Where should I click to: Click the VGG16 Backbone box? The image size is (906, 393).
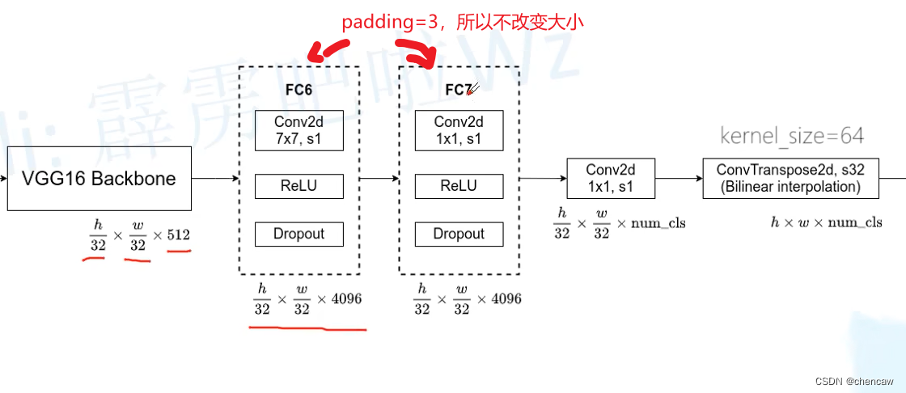click(x=99, y=179)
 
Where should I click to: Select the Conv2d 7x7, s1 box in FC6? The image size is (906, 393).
click(x=298, y=130)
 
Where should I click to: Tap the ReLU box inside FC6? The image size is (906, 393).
click(x=298, y=186)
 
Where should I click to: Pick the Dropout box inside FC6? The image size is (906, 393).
click(x=298, y=234)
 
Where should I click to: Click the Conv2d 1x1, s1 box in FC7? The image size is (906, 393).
click(x=459, y=130)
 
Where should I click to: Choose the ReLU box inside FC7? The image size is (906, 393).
click(x=459, y=186)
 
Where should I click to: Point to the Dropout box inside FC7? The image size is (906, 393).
click(x=459, y=234)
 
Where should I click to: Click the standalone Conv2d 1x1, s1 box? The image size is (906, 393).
click(x=610, y=179)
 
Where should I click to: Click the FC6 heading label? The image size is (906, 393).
click(x=298, y=90)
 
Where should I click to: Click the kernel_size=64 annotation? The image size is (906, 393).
click(x=792, y=136)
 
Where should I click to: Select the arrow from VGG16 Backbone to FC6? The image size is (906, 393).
click(x=215, y=179)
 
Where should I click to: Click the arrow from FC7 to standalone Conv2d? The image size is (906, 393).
click(x=541, y=179)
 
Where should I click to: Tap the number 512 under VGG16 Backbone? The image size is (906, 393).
click(x=178, y=235)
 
